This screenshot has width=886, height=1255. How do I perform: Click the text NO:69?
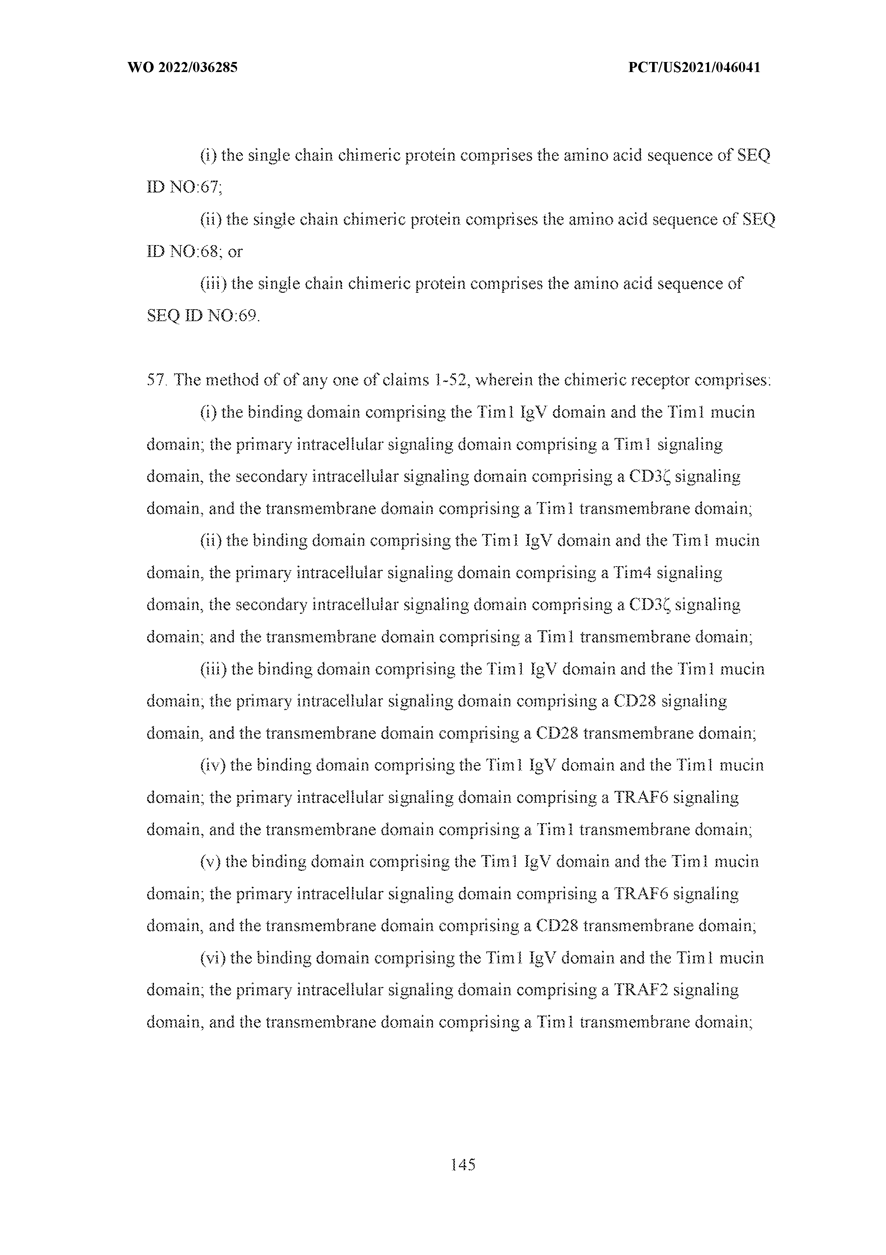click(233, 316)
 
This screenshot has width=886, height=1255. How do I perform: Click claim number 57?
click(156, 381)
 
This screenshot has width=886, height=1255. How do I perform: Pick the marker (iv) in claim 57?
click(212, 765)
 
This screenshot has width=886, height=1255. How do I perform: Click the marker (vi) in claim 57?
click(212, 958)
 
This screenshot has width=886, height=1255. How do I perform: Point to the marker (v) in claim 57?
click(210, 862)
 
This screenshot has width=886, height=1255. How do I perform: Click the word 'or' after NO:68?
click(235, 252)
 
